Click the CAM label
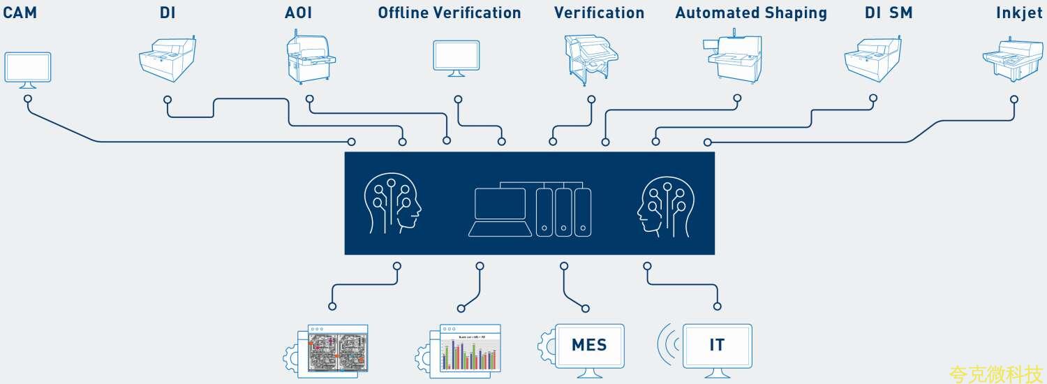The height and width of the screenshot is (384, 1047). click(x=20, y=13)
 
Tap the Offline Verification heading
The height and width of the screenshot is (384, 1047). click(x=450, y=13)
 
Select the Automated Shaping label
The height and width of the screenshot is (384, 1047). click(x=751, y=13)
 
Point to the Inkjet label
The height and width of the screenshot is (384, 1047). click(x=1020, y=13)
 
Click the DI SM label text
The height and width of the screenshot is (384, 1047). click(x=889, y=13)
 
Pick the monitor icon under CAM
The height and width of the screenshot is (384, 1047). click(x=28, y=69)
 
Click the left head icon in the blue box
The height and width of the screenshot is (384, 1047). click(x=393, y=204)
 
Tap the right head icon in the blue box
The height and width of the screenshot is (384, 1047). click(x=667, y=204)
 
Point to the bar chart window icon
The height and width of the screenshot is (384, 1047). click(x=469, y=349)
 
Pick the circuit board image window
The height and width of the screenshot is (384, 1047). click(x=337, y=349)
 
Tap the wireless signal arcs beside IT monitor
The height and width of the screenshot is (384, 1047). click(x=667, y=344)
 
